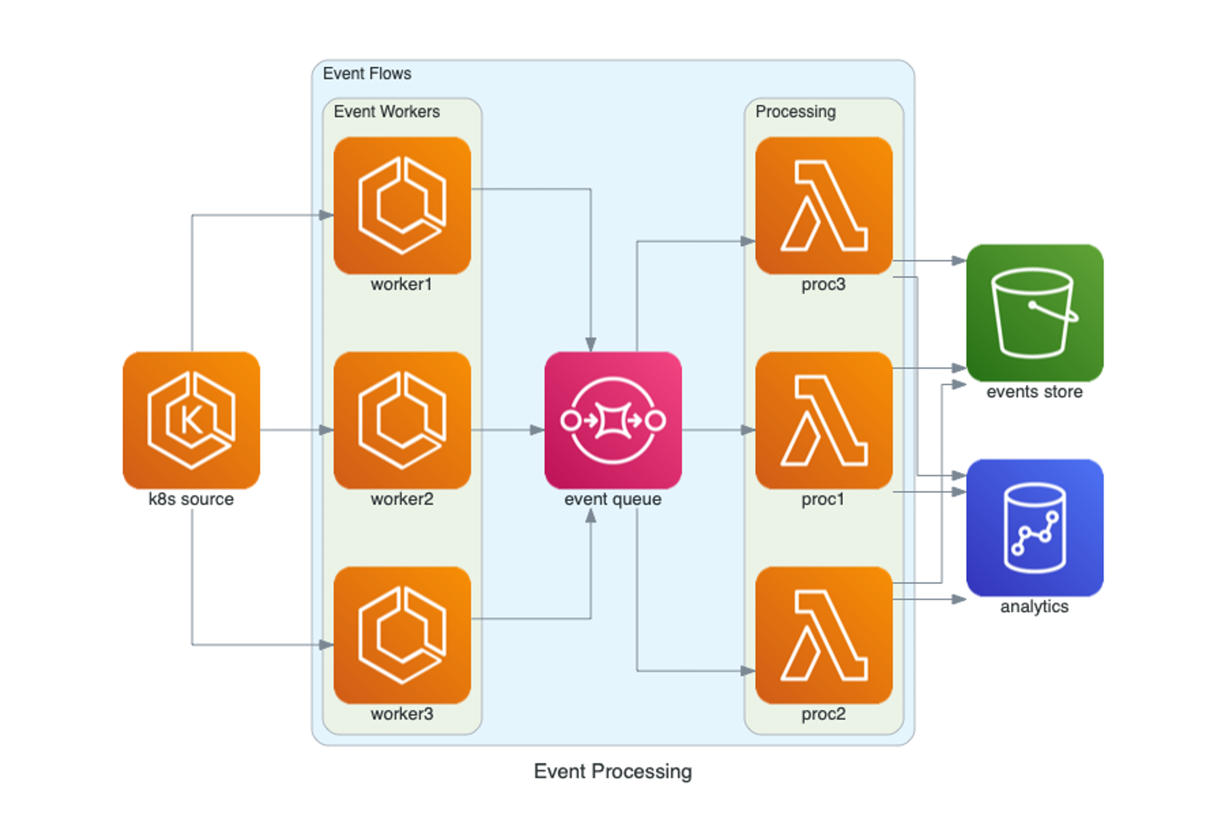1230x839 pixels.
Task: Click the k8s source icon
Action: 191,420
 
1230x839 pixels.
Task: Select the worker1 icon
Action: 402,205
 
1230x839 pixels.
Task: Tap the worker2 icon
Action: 402,420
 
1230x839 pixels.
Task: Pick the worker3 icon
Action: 402,635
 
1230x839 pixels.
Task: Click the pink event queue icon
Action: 613,420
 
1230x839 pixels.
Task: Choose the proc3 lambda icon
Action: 823,205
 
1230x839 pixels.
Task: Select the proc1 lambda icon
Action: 823,420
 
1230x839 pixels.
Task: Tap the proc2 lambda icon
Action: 823,635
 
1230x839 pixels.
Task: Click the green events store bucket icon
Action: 1034,312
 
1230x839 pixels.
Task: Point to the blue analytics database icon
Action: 1034,527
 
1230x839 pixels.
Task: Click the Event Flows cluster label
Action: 367,74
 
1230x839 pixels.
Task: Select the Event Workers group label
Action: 387,112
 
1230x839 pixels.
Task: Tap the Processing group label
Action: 795,112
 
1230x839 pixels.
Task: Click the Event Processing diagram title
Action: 613,771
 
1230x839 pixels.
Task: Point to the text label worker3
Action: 402,714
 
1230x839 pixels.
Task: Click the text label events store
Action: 1034,392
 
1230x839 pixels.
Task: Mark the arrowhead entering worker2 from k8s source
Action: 327,430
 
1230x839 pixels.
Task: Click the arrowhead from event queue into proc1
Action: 748,430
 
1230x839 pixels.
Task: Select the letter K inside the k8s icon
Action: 191,420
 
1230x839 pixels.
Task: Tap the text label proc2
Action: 823,714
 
